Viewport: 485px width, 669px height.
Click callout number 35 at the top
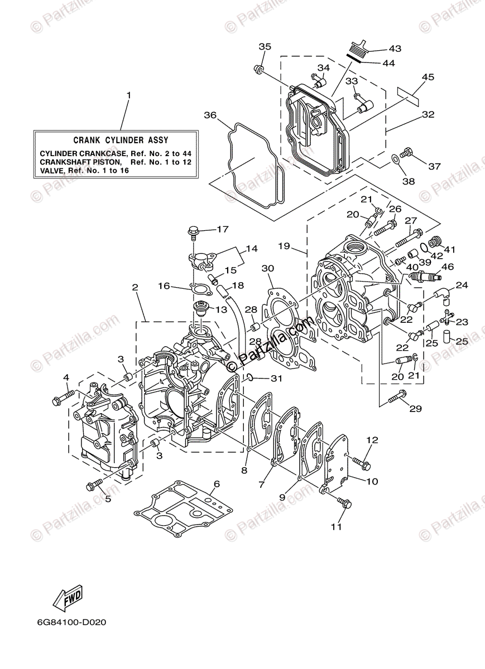[x=265, y=46]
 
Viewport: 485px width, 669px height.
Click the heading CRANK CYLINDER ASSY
[x=121, y=141]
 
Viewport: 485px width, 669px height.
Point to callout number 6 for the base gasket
[x=217, y=483]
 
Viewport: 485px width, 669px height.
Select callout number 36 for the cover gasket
[x=210, y=115]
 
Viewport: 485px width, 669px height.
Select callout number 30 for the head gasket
[x=268, y=268]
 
